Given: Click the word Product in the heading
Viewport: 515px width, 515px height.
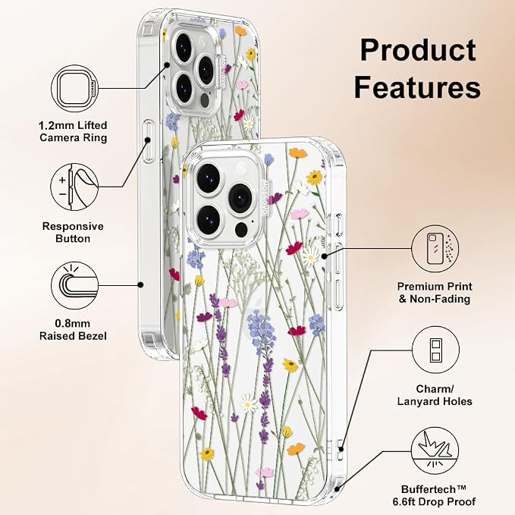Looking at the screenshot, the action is click(x=418, y=50).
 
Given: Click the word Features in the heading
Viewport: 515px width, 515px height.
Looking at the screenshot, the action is click(x=417, y=86).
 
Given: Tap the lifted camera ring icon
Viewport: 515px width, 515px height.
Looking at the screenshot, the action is click(x=75, y=89).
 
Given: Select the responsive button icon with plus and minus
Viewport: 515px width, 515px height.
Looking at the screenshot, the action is click(x=74, y=187).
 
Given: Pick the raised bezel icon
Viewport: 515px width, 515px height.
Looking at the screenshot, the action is click(x=75, y=285).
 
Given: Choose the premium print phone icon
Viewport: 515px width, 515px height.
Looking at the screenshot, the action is click(x=435, y=249).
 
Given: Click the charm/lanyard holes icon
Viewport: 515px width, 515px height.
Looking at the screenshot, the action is click(x=435, y=350).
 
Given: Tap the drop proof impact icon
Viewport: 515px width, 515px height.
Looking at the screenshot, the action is click(x=435, y=451).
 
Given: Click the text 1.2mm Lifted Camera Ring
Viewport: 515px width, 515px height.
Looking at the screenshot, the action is click(x=73, y=131).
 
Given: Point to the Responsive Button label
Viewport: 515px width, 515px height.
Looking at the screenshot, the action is click(x=73, y=232).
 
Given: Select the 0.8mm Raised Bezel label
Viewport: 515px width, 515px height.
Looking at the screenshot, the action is click(x=73, y=330).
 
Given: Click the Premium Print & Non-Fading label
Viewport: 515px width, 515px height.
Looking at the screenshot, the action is click(x=435, y=293).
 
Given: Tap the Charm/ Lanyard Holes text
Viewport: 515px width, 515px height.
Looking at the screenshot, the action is click(x=435, y=395).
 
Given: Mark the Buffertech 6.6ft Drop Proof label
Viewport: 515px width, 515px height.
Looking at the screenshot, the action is click(x=434, y=495).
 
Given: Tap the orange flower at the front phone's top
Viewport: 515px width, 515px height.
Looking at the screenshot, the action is click(x=297, y=152).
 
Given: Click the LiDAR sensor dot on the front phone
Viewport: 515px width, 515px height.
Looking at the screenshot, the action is click(x=241, y=230).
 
